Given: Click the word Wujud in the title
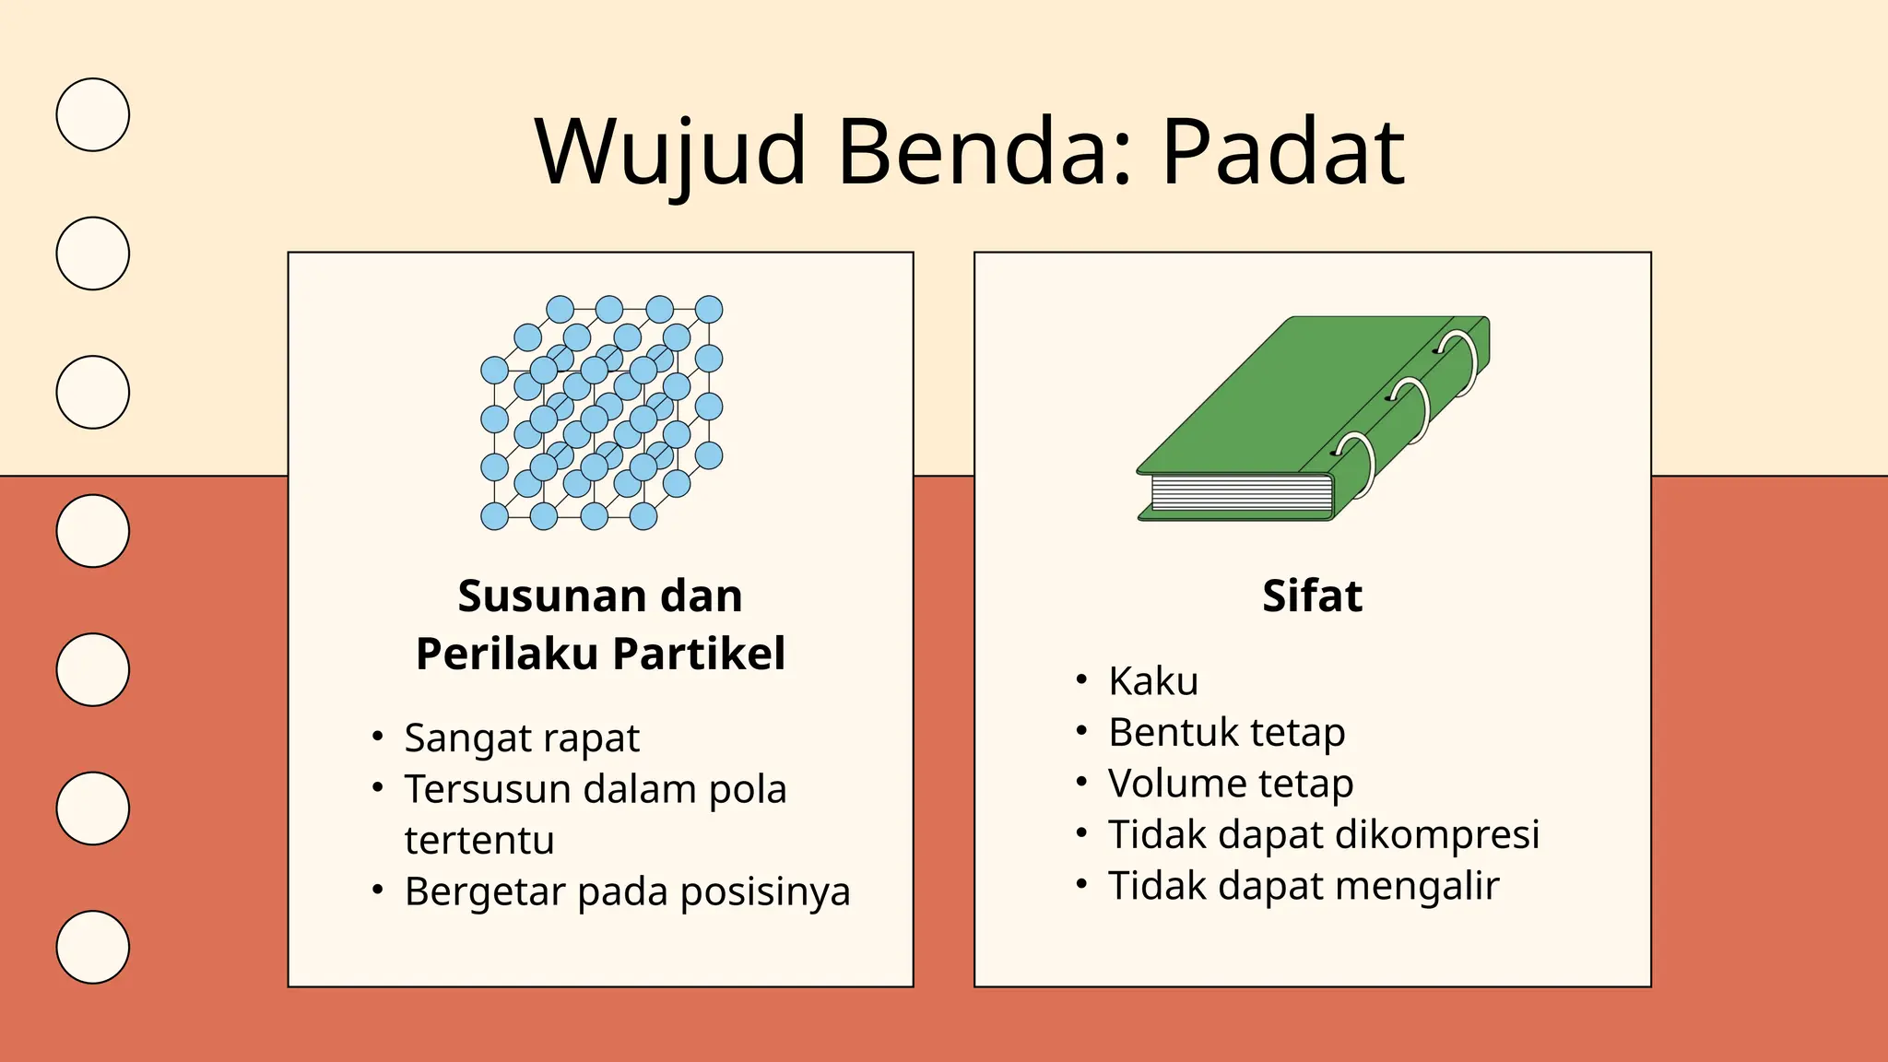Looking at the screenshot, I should click(671, 152).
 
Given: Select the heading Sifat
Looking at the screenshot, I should click(1312, 596).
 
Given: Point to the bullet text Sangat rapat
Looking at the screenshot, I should click(522, 738).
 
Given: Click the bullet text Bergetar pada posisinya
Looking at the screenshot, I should click(627, 891).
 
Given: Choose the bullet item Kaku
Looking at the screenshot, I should click(1153, 681).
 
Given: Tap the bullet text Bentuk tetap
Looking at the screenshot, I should click(1226, 733).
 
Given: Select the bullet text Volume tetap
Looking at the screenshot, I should click(1231, 784).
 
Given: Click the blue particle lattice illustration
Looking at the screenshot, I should click(602, 412).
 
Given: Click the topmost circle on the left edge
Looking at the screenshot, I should click(92, 114).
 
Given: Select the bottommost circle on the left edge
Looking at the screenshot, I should click(92, 947).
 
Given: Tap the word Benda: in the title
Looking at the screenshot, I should click(984, 152).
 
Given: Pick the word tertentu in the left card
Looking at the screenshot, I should click(479, 841).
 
